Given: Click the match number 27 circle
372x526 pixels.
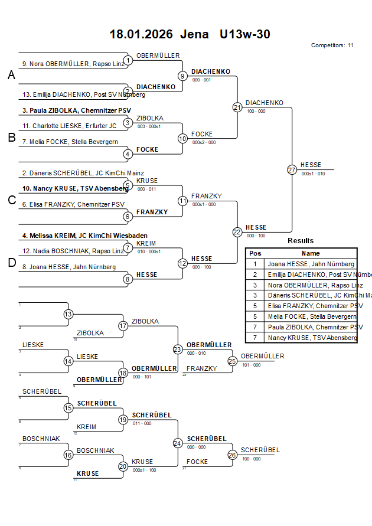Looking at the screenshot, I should pos(292,169).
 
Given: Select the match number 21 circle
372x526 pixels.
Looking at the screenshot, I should pos(237,107).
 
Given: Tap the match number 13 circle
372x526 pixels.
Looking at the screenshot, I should pos(68,314).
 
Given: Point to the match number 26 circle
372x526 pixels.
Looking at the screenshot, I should pos(233,455).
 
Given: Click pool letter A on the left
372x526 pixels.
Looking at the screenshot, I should pos(11,76).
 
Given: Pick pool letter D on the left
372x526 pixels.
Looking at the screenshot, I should pos(11,263).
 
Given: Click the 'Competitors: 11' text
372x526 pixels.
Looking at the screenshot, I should pos(332,45).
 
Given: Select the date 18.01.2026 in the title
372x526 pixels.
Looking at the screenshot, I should pos(141,34).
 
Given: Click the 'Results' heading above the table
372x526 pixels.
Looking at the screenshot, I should pos(301,241).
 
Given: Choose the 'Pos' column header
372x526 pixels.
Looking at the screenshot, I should pos(255,253).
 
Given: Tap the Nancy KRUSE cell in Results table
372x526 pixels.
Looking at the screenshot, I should pos(312,338).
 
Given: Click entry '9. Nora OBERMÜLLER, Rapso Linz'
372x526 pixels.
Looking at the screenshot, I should pos(73,64).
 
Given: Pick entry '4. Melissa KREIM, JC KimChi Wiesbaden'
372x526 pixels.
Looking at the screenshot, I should pos(85,236).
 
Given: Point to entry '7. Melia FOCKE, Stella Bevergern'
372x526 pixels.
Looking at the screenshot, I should pos(70,142).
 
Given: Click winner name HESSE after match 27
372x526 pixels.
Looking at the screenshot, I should pos(311,165).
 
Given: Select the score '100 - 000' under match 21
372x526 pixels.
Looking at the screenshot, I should pos(256,111).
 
